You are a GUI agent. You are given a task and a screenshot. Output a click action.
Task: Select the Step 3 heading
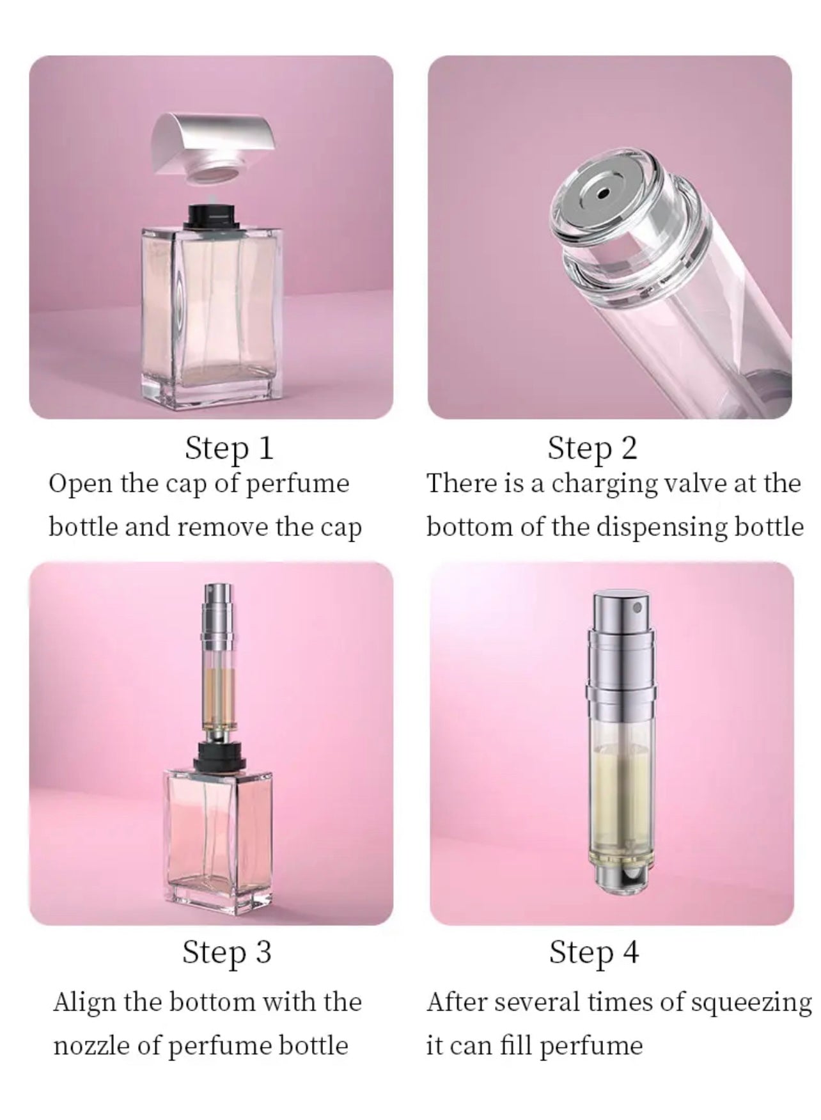[226, 951]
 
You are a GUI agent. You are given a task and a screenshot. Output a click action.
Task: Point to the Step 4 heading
[593, 951]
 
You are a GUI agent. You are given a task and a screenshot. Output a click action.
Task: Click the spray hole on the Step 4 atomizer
[636, 604]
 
